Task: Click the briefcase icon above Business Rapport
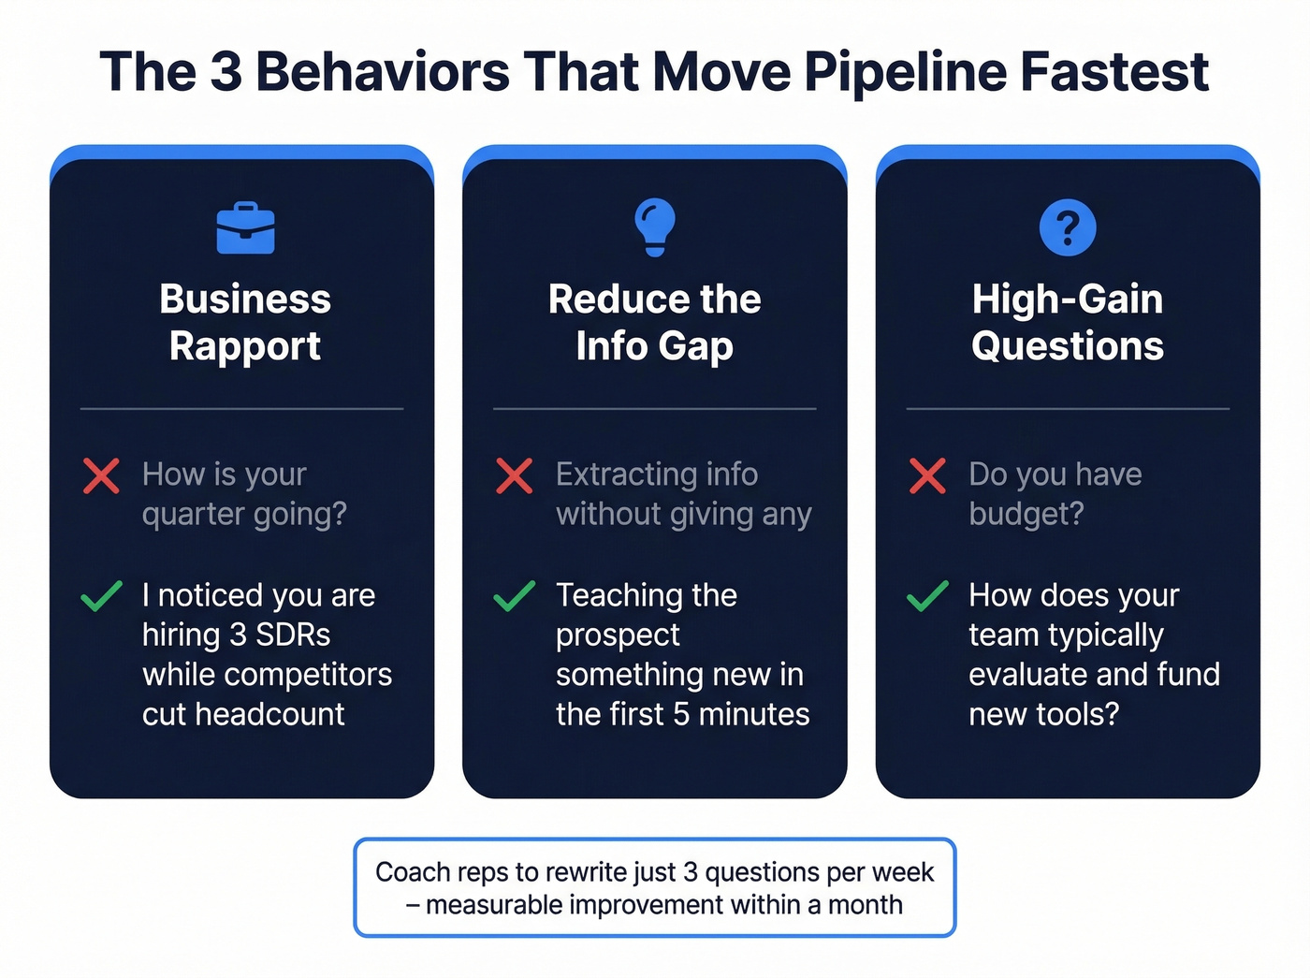coord(245,227)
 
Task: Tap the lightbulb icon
coord(654,226)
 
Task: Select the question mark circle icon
coord(1068,227)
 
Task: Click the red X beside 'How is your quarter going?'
coord(101,475)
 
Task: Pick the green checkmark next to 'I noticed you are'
coord(101,595)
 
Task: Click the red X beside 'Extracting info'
coord(515,475)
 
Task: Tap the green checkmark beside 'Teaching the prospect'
coord(515,595)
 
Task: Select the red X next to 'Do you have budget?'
coord(927,475)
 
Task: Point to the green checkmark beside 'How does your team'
coord(927,595)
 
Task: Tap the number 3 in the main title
coord(226,72)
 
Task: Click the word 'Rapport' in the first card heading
coord(245,346)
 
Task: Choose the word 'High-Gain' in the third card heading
coord(1068,299)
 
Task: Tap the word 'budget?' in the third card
coord(1026,514)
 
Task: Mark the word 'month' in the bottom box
coord(866,905)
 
